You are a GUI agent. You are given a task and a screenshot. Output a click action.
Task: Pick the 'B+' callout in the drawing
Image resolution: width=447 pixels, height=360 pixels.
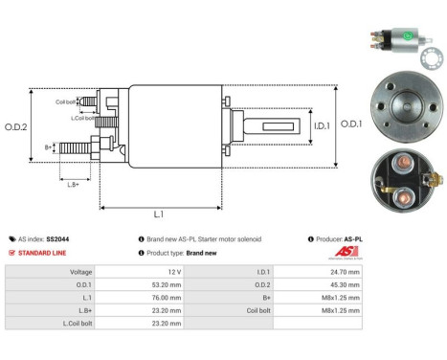coord(48,147)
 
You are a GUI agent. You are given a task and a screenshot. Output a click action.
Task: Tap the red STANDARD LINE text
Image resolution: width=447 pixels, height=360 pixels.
coord(43,253)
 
